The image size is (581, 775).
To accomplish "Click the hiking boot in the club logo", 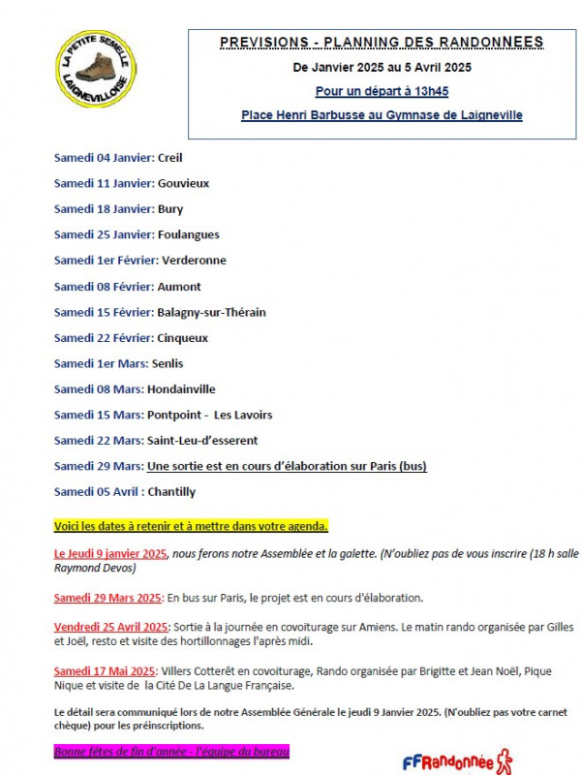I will pyautogui.click(x=95, y=68).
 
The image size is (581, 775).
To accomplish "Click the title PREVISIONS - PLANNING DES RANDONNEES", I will pyautogui.click(x=382, y=42).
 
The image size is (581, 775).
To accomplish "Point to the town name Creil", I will pyautogui.click(x=169, y=157).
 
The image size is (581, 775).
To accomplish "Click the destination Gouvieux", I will pyautogui.click(x=183, y=183).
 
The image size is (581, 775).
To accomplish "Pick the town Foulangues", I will pyautogui.click(x=188, y=234).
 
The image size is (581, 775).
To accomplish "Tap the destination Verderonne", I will pyautogui.click(x=194, y=261).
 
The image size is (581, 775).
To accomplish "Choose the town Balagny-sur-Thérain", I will pyautogui.click(x=211, y=312).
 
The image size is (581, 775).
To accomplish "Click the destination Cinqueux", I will pyautogui.click(x=182, y=338).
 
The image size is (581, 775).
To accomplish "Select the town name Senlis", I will pyautogui.click(x=165, y=363).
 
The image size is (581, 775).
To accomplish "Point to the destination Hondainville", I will pyautogui.click(x=181, y=389).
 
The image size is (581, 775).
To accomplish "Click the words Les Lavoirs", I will pyautogui.click(x=243, y=415).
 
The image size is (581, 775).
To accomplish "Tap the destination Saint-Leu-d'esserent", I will pyautogui.click(x=202, y=441).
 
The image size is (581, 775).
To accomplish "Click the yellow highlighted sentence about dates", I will pyautogui.click(x=191, y=526).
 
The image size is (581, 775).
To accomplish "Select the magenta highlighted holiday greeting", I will pyautogui.click(x=171, y=751).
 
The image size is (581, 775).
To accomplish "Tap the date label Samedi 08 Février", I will pyautogui.click(x=104, y=287).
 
